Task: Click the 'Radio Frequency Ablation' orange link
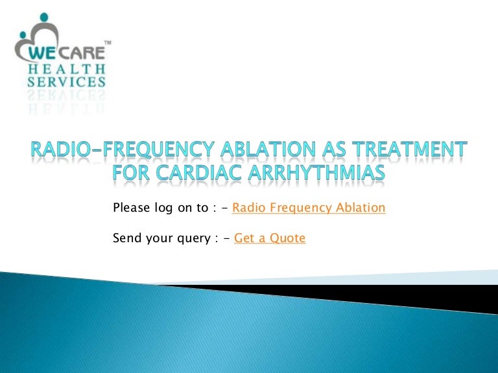[308, 208]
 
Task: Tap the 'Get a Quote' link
[270, 238]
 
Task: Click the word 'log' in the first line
[165, 209]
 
